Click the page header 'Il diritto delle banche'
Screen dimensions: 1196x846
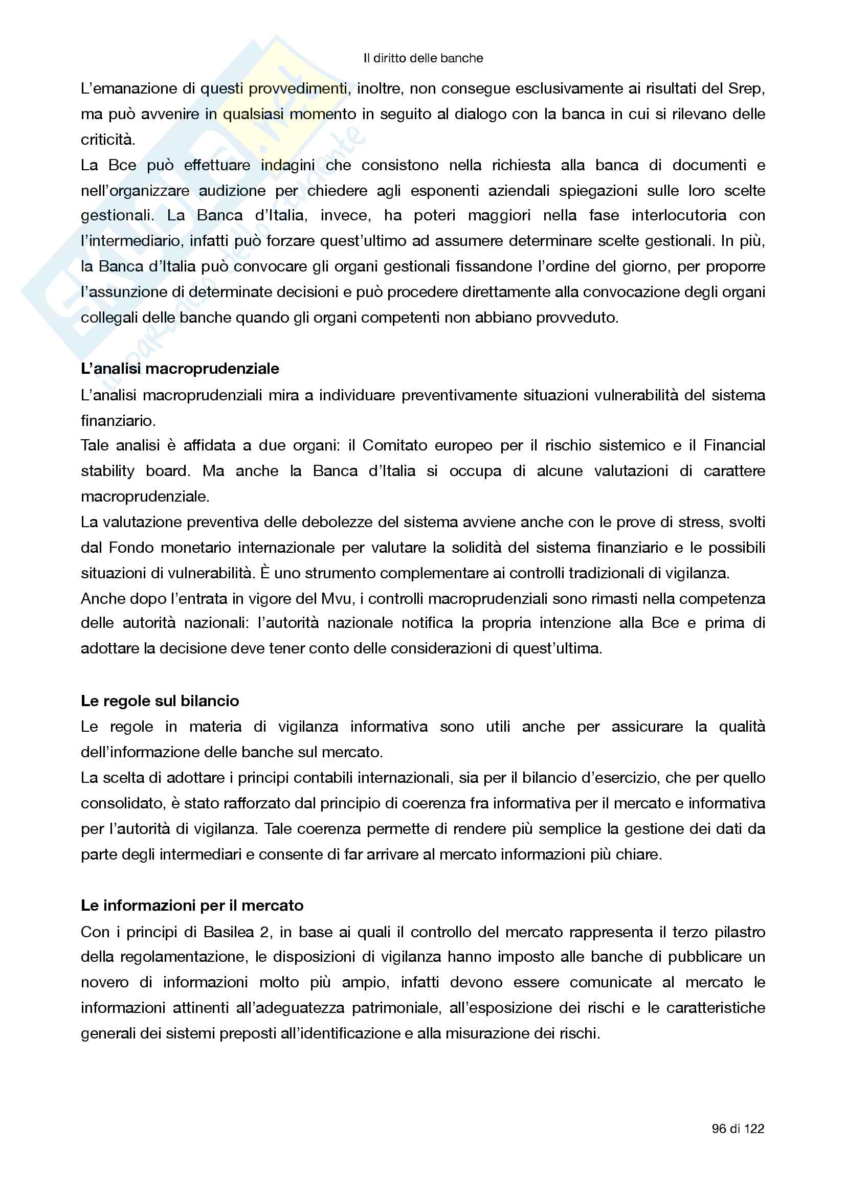click(423, 58)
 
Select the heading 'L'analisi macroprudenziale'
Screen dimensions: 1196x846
click(180, 369)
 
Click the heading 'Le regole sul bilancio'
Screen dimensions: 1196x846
click(160, 701)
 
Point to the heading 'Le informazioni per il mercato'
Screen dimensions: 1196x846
click(192, 906)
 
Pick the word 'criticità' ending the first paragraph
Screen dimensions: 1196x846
click(107, 140)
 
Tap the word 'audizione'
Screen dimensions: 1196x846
click(232, 191)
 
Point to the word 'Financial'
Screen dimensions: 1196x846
click(734, 445)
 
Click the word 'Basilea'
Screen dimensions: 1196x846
click(229, 932)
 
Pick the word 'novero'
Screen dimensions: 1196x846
click(105, 982)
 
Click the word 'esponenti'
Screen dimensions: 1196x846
click(444, 191)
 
